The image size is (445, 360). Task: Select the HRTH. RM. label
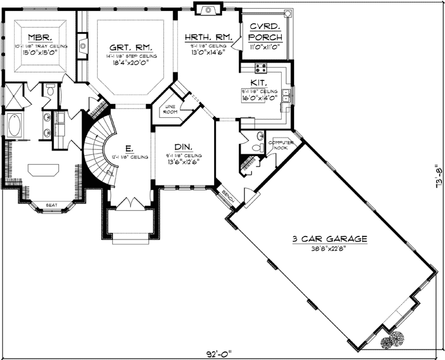tap(208, 37)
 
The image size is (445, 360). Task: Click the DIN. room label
tap(184, 147)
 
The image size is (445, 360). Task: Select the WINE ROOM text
tap(169, 111)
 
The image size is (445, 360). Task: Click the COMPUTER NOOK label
tap(282, 145)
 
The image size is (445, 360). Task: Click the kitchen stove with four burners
tap(260, 68)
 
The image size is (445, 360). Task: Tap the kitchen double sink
tap(285, 95)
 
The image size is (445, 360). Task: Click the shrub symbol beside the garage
tap(393, 338)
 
